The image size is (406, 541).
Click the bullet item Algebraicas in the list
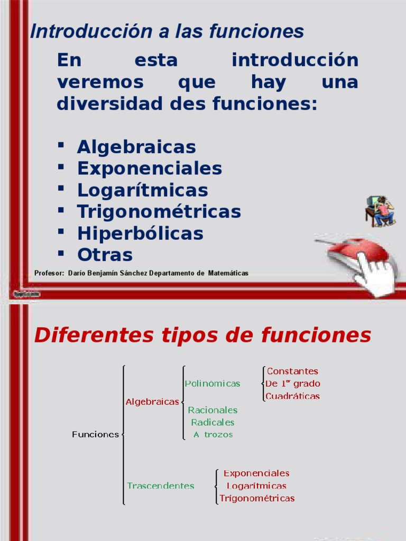coord(136,147)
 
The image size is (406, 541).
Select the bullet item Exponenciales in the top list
coord(150,169)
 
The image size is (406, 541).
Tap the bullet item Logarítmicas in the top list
coord(143,190)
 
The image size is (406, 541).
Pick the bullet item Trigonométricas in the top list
coord(159,212)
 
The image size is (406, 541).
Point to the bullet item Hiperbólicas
coord(140,234)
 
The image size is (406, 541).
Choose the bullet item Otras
coord(105,255)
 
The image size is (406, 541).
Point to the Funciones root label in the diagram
coord(95,434)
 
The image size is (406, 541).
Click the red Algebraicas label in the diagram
coord(152,402)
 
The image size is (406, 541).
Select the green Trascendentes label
coord(161,486)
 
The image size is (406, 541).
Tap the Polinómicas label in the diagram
coord(213,384)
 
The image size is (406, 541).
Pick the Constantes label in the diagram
coord(292,371)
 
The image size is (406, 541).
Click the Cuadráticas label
coord(293,396)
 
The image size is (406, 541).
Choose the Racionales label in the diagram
coord(213,410)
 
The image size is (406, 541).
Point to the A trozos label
coord(213,434)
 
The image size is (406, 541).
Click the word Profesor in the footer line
coord(49,273)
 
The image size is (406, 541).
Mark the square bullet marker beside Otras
coord(61,254)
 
